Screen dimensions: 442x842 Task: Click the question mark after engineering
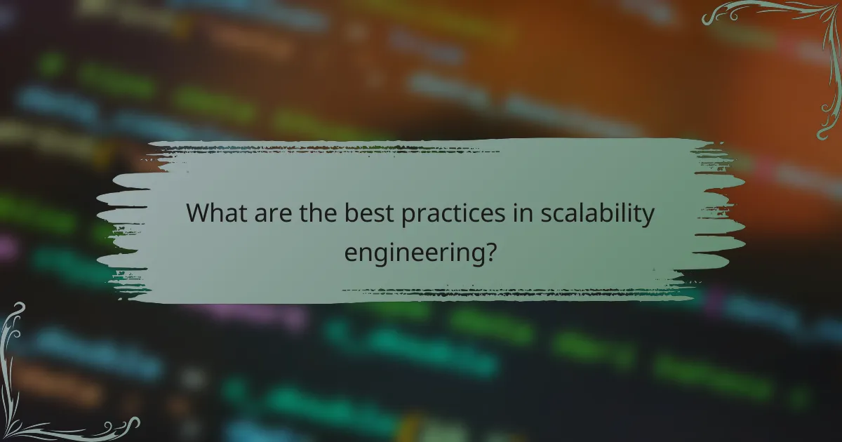coord(492,249)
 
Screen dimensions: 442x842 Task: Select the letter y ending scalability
coord(648,217)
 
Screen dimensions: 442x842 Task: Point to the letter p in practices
coord(407,217)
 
